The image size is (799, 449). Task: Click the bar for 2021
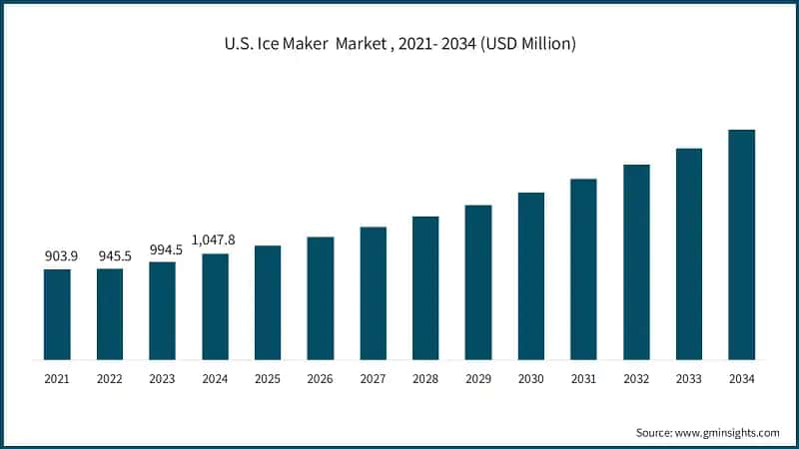pyautogui.click(x=57, y=314)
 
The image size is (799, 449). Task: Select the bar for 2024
pyautogui.click(x=215, y=306)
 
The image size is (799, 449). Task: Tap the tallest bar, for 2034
pyautogui.click(x=741, y=244)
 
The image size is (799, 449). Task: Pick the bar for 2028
pyautogui.click(x=425, y=287)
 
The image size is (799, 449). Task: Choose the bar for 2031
pyautogui.click(x=583, y=269)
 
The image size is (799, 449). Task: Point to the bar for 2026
pyautogui.click(x=320, y=297)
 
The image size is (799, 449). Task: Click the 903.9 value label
pyautogui.click(x=58, y=256)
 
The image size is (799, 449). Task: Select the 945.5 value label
pyautogui.click(x=111, y=256)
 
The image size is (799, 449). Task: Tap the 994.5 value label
pyautogui.click(x=164, y=249)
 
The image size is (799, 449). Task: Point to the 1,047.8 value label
pyautogui.click(x=215, y=240)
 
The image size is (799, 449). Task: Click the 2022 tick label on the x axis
pyautogui.click(x=110, y=379)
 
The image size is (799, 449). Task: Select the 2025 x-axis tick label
pyautogui.click(x=268, y=379)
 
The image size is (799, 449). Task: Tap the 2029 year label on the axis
pyautogui.click(x=478, y=379)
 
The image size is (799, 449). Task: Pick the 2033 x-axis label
pyautogui.click(x=689, y=379)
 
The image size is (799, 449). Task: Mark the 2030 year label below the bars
pyautogui.click(x=530, y=379)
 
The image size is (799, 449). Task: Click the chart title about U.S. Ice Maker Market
pyautogui.click(x=399, y=44)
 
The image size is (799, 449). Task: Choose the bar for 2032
pyautogui.click(x=636, y=261)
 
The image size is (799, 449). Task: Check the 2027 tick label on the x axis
pyautogui.click(x=373, y=379)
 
